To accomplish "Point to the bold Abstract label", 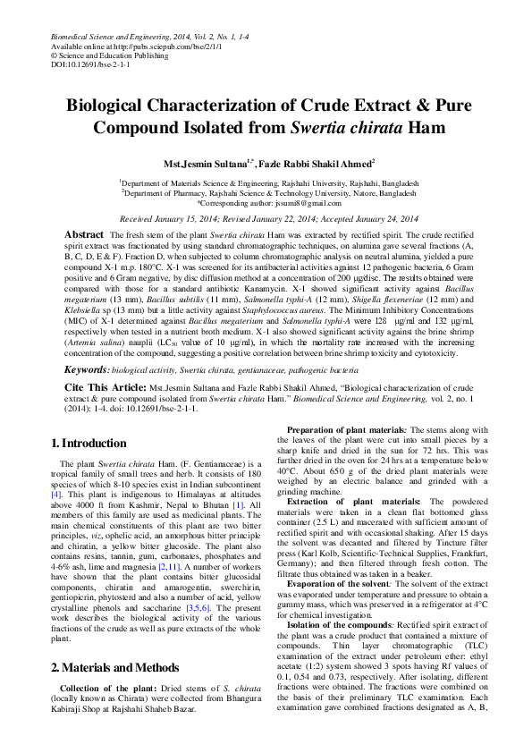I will point(85,233).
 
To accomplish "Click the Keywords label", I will point(86,368).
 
